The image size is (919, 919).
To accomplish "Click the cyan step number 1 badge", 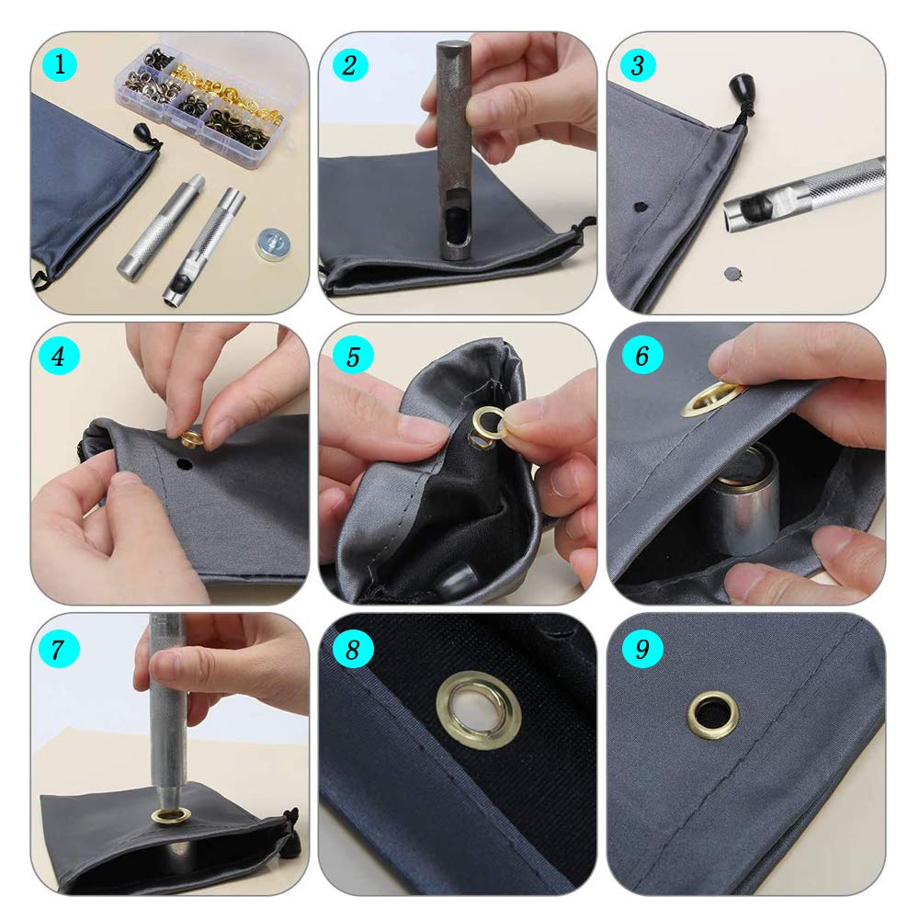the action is click(60, 64).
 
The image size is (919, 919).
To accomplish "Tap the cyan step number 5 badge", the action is click(352, 356).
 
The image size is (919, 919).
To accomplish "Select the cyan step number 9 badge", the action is click(642, 648).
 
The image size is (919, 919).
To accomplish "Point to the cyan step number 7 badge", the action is click(59, 649).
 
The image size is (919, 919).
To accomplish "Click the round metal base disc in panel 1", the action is click(273, 244).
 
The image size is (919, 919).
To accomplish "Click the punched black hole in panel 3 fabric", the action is click(641, 207).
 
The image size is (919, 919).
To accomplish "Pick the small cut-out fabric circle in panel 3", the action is click(733, 273).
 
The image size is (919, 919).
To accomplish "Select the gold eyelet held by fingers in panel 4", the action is click(192, 437).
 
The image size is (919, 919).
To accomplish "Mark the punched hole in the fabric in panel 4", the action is click(185, 465).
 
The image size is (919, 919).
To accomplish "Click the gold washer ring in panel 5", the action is click(490, 422).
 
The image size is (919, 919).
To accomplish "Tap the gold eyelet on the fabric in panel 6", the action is click(709, 399).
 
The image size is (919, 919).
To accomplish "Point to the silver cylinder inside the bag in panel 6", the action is click(743, 499).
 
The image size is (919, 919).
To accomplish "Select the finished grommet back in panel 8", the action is click(478, 709).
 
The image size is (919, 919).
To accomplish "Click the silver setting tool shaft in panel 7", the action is click(167, 712).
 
